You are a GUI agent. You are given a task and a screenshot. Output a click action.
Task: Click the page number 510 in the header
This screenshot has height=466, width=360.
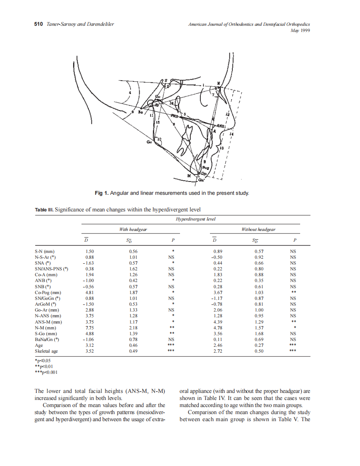point(38,24)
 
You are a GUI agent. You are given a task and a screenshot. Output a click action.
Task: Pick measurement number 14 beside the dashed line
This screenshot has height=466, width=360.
point(232,134)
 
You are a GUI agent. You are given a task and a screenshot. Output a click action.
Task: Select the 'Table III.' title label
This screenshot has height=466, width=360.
point(44,209)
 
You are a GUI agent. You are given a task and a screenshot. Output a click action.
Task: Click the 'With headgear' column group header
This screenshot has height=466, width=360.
point(133,229)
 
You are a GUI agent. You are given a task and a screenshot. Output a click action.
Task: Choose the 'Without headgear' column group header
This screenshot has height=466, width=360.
point(258,229)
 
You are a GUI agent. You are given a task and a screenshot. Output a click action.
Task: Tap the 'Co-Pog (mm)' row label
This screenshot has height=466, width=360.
point(48,292)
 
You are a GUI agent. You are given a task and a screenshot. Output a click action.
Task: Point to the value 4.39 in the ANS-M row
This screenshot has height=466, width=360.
point(218,321)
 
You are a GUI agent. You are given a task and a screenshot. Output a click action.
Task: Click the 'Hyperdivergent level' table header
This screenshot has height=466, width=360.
point(195,219)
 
